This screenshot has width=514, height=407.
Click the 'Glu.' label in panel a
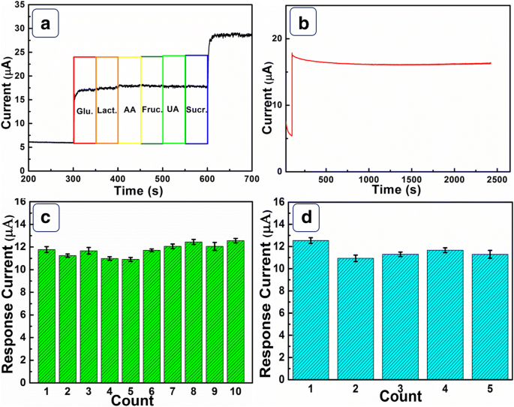click(84, 110)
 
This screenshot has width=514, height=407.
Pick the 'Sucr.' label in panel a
click(197, 110)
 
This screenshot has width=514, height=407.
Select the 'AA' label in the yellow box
click(130, 110)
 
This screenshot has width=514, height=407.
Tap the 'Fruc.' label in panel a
click(152, 110)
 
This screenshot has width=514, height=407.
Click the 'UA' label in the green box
click(173, 110)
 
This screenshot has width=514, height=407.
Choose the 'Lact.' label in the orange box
click(107, 110)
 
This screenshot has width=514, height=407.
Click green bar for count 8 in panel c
click(193, 311)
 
